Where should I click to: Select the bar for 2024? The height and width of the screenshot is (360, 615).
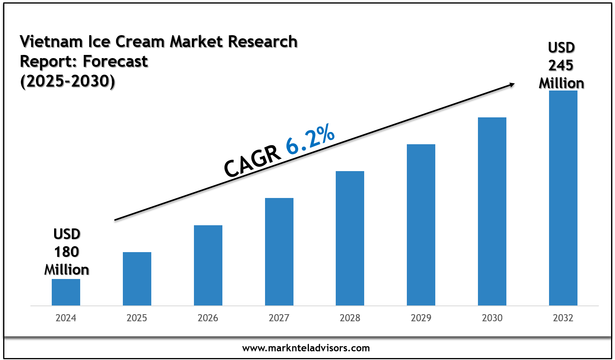[66, 292]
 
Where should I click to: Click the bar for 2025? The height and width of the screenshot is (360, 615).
[137, 279]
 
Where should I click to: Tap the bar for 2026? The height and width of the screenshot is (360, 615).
[208, 265]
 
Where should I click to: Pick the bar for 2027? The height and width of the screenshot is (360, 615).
[279, 252]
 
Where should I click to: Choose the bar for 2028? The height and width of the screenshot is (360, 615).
[350, 238]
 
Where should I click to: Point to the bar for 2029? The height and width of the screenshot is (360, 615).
[421, 225]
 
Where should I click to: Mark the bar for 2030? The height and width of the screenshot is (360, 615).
[492, 211]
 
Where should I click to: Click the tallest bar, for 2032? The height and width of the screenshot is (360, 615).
[563, 198]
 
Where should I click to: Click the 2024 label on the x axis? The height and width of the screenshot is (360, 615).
[66, 318]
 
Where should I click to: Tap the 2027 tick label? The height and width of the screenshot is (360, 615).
[279, 318]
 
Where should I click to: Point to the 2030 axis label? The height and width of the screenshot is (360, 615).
[492, 318]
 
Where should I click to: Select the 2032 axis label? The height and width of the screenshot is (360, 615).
[563, 318]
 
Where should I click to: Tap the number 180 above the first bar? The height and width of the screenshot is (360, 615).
[66, 252]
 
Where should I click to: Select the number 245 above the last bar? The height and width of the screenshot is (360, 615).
[561, 65]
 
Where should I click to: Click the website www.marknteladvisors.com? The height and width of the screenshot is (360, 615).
[306, 348]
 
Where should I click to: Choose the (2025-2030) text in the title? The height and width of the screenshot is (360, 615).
[68, 81]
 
